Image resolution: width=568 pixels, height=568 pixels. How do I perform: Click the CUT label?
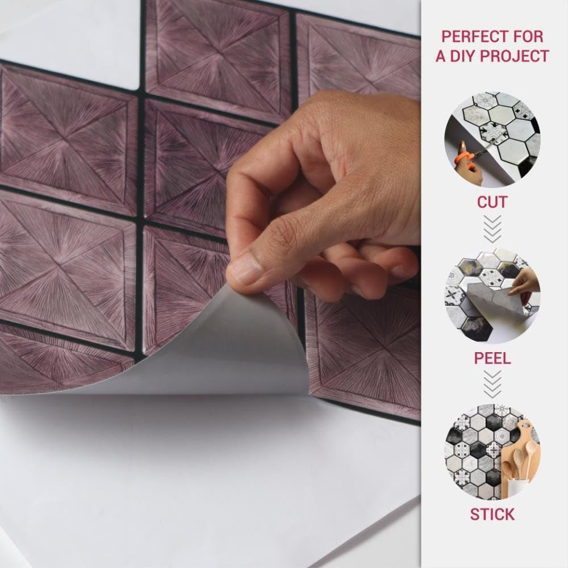[492, 202]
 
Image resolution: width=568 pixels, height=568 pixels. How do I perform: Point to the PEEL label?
[492, 358]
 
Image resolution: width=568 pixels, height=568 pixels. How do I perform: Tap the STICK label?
[492, 515]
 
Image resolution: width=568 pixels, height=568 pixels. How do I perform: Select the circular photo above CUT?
[492, 140]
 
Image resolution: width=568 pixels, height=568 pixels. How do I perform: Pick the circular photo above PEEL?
[492, 295]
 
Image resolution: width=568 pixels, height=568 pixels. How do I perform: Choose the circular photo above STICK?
[492, 452]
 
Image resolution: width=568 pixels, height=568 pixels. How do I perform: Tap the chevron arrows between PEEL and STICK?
[492, 385]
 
